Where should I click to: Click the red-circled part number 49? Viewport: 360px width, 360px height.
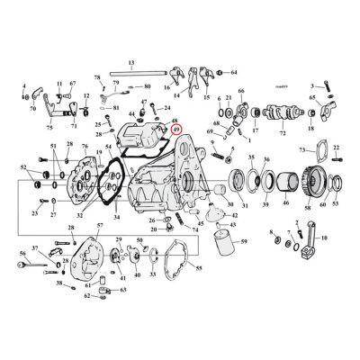coord(176,130)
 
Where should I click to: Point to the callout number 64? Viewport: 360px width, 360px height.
coord(234,71)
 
